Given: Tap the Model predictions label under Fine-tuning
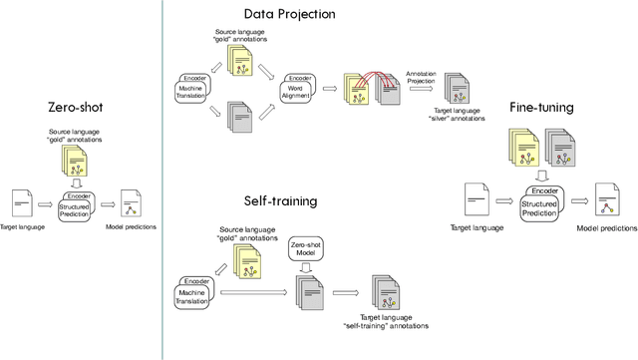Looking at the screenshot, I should pos(607,226).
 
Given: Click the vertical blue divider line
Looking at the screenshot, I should pos(161,180).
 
